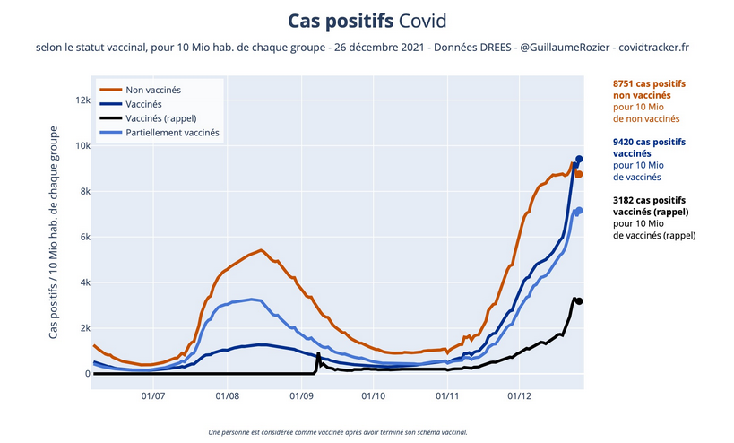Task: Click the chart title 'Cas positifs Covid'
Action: pos(367,20)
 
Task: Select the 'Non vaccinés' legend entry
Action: pos(152,91)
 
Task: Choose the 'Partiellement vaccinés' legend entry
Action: pos(172,132)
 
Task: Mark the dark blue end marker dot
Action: pos(579,159)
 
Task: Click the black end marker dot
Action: pos(579,301)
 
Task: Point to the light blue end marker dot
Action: pos(579,211)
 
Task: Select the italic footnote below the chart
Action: pos(337,432)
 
